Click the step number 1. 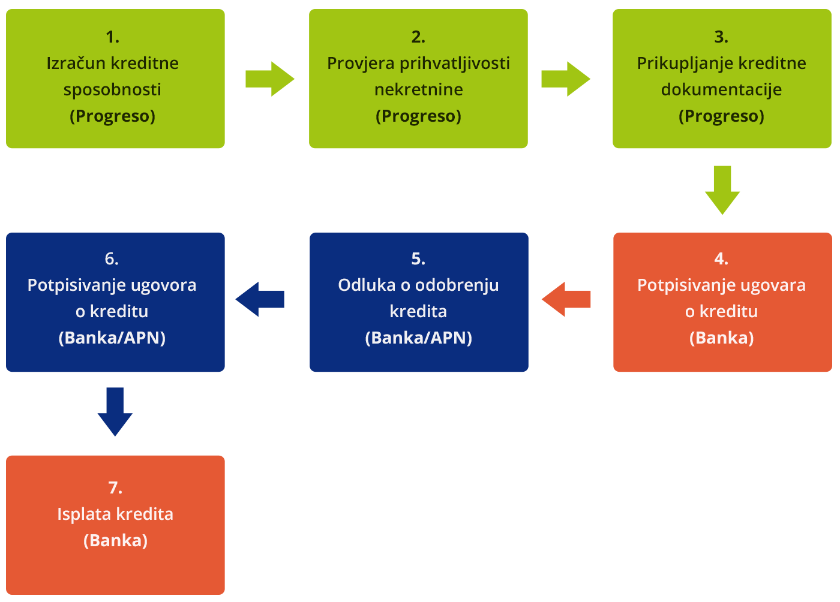[113, 37]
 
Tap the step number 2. [418, 37]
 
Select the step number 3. [721, 37]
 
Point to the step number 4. [721, 258]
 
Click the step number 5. [418, 258]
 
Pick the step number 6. [112, 258]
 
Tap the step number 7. [115, 487]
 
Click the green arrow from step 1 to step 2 [270, 79]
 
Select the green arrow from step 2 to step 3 [566, 79]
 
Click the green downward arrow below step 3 [722, 190]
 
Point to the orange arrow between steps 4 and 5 [566, 299]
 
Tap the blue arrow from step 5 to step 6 [260, 299]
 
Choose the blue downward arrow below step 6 [115, 412]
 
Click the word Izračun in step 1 [76, 63]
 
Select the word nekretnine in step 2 [419, 89]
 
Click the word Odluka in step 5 [367, 285]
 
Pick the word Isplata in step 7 [83, 514]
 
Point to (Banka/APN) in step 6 [112, 338]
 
